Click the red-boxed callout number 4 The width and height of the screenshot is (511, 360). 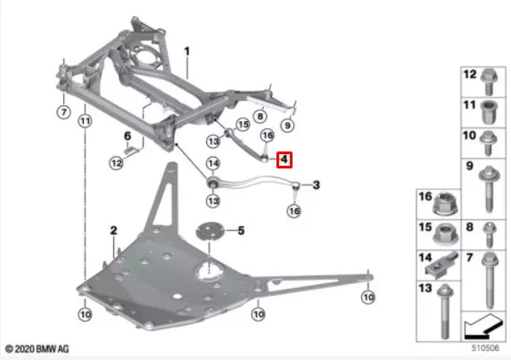tap(284, 160)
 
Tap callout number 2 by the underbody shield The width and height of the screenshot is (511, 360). tap(113, 231)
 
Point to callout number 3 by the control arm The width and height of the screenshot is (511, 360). tap(317, 184)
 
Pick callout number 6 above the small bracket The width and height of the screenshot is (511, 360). tap(126, 135)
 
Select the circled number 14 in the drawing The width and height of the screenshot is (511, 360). tap(212, 163)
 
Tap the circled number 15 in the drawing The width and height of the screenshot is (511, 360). tap(241, 125)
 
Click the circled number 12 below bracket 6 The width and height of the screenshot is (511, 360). tap(116, 163)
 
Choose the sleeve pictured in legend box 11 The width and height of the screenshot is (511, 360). tap(489, 112)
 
